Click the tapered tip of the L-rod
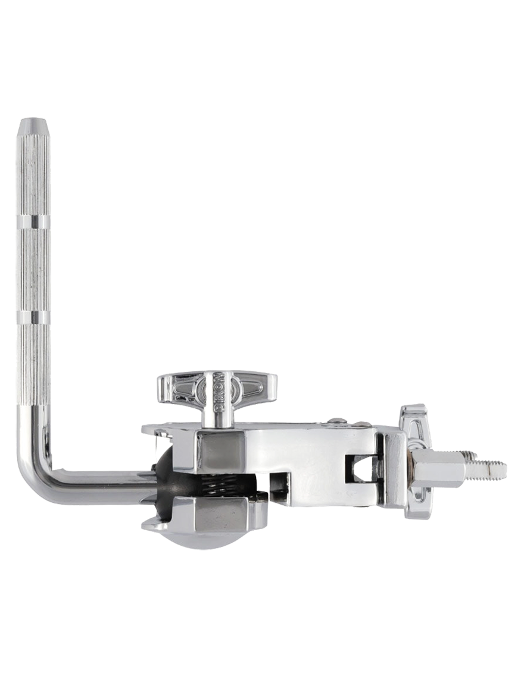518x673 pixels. click(x=33, y=127)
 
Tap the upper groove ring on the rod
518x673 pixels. click(x=33, y=223)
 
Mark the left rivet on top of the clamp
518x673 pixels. click(x=337, y=422)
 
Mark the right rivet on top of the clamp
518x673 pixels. click(x=360, y=424)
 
